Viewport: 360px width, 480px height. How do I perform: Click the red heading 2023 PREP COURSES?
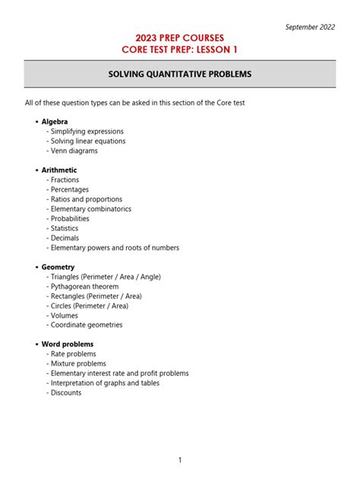179,38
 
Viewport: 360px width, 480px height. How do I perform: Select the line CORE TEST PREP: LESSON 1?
179,50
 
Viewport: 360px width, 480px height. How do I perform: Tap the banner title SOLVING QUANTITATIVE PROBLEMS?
179,74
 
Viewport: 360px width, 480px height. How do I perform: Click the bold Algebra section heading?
54,122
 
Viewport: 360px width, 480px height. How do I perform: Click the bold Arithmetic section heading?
58,170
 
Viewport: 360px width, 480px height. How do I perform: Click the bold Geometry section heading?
58,267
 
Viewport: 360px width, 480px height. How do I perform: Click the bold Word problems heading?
68,344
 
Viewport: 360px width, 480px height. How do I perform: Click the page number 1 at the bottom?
180,460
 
